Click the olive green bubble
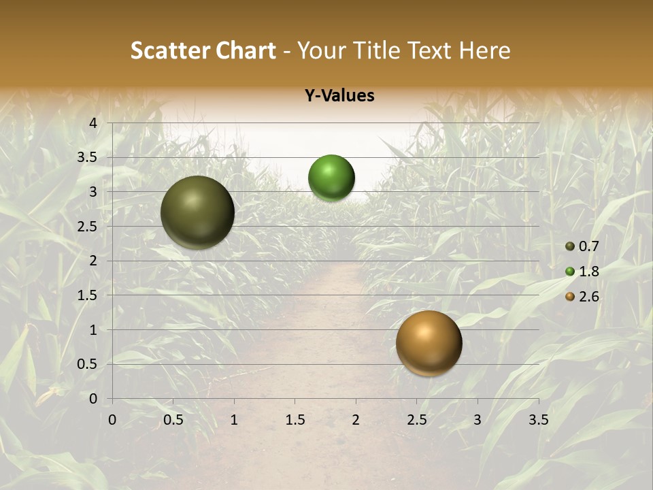click(x=197, y=212)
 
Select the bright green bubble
click(x=331, y=178)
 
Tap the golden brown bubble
click(x=429, y=343)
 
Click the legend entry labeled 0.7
click(x=582, y=246)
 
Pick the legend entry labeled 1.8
click(x=582, y=272)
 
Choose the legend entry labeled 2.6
click(x=582, y=297)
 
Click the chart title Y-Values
click(x=339, y=96)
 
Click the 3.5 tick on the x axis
click(x=538, y=420)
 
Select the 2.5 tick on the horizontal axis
click(x=416, y=420)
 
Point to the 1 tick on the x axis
click(x=234, y=420)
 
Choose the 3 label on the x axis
click(x=478, y=420)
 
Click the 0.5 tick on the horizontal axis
click(x=173, y=420)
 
